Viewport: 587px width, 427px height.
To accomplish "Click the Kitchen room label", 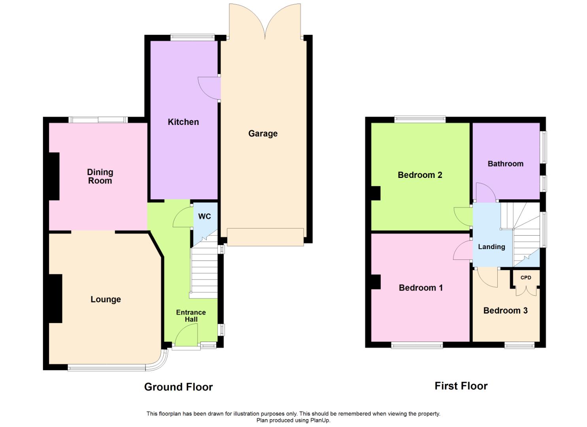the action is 183,122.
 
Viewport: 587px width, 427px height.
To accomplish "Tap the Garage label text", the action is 263,134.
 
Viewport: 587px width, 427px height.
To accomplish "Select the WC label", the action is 204,217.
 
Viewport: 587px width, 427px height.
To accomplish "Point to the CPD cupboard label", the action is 526,278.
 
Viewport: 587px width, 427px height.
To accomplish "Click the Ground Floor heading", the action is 178,387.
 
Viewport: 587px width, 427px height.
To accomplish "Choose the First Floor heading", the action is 461,386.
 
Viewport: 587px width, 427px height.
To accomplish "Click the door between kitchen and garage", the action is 209,88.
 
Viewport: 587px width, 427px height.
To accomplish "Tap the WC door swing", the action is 183,217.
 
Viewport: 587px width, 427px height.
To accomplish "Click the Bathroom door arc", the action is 486,192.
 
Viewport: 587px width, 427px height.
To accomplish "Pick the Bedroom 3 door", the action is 487,278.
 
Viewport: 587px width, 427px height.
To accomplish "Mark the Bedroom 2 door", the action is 463,217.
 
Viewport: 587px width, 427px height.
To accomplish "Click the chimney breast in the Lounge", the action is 56,299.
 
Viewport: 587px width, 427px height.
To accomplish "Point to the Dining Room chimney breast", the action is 54,176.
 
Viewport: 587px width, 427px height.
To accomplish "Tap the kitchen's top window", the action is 193,37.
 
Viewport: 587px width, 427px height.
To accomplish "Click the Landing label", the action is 492,247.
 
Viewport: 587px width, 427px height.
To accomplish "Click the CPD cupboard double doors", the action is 526,291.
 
